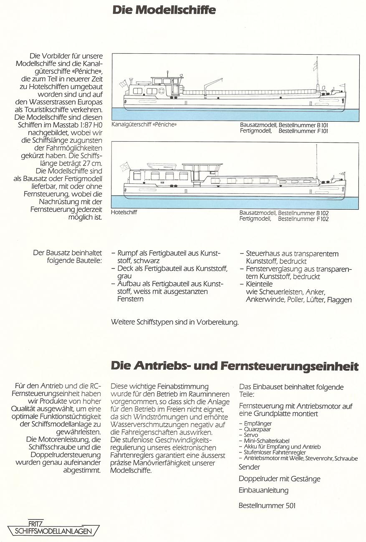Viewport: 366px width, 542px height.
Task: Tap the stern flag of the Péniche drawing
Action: click(x=123, y=84)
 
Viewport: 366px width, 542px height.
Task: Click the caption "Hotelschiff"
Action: click(x=124, y=213)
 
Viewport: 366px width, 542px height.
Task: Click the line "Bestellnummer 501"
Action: click(x=267, y=506)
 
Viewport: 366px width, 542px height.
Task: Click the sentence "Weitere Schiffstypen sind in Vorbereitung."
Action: click(x=175, y=323)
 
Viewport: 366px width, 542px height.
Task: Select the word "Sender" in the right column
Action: click(x=250, y=467)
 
